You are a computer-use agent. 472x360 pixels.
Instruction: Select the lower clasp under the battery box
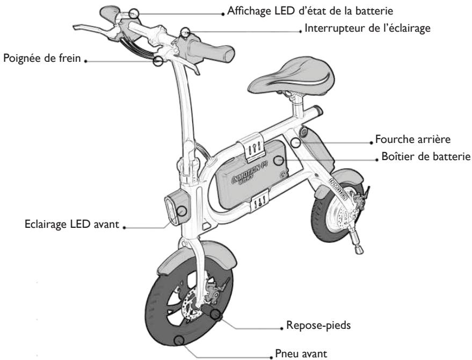click(259, 202)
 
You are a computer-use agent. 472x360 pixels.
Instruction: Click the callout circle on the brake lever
click(158, 61)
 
